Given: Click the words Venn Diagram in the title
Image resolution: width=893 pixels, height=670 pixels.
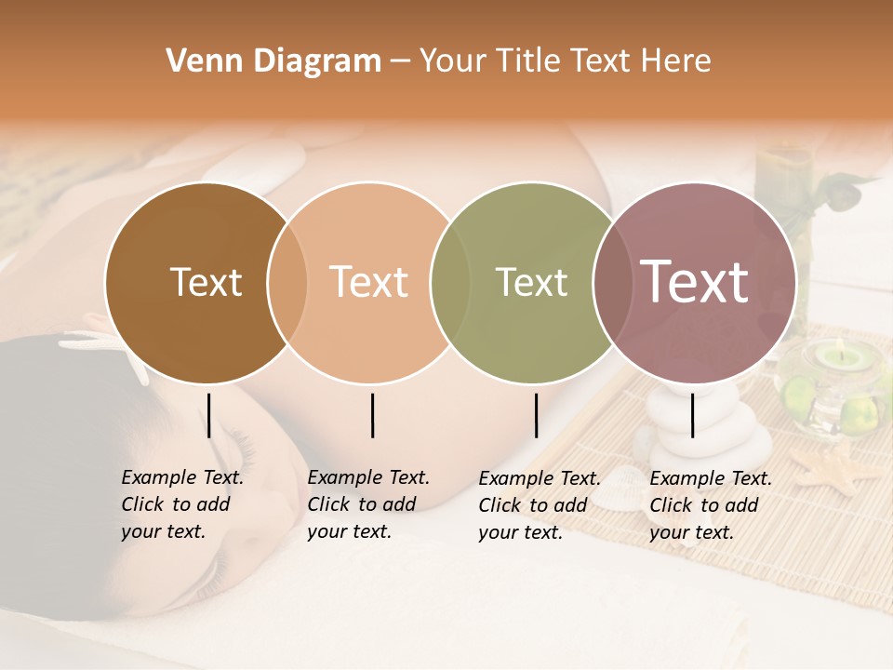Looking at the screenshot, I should point(273,61).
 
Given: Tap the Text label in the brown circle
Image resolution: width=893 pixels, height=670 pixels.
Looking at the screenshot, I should point(206,282).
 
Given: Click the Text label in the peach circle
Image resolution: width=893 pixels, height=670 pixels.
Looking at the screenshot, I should point(369,282).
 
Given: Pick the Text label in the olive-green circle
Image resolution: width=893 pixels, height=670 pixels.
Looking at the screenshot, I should point(531,282).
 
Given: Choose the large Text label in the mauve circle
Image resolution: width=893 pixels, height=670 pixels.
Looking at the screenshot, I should point(694,282).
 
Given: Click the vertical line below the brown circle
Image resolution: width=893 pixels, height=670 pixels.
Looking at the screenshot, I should point(209,415).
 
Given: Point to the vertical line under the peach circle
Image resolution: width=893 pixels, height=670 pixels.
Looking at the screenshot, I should point(372,415).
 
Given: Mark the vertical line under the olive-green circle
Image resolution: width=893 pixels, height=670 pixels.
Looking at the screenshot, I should point(536,415).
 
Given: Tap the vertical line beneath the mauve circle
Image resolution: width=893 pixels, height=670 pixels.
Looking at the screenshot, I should point(693,415).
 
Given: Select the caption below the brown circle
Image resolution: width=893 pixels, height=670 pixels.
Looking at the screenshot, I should point(182,504).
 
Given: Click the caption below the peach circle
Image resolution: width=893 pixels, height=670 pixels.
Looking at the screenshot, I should point(368,504).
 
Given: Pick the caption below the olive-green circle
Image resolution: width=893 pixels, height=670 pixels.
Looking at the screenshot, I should point(540,505).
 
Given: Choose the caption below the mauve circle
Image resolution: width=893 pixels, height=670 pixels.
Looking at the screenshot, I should point(711,505).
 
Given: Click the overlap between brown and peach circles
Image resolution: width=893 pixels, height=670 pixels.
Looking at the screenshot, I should point(287,282).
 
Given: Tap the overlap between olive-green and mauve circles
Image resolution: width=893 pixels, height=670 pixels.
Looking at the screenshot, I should point(609,282).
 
